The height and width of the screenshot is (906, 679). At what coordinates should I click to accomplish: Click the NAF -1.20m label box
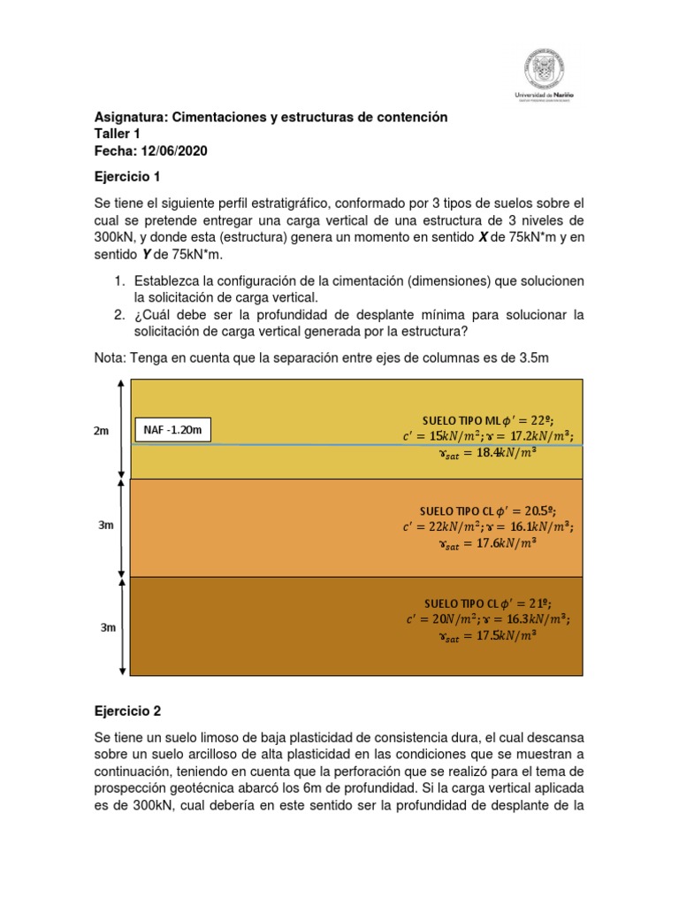click(x=173, y=431)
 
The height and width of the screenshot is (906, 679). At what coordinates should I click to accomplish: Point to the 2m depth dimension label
click(x=102, y=431)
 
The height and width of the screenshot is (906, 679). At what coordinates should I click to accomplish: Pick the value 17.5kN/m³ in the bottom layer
click(x=500, y=635)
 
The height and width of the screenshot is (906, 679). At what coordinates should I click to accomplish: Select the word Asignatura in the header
click(x=130, y=117)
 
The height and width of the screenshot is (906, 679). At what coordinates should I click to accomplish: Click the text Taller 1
click(x=118, y=134)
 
